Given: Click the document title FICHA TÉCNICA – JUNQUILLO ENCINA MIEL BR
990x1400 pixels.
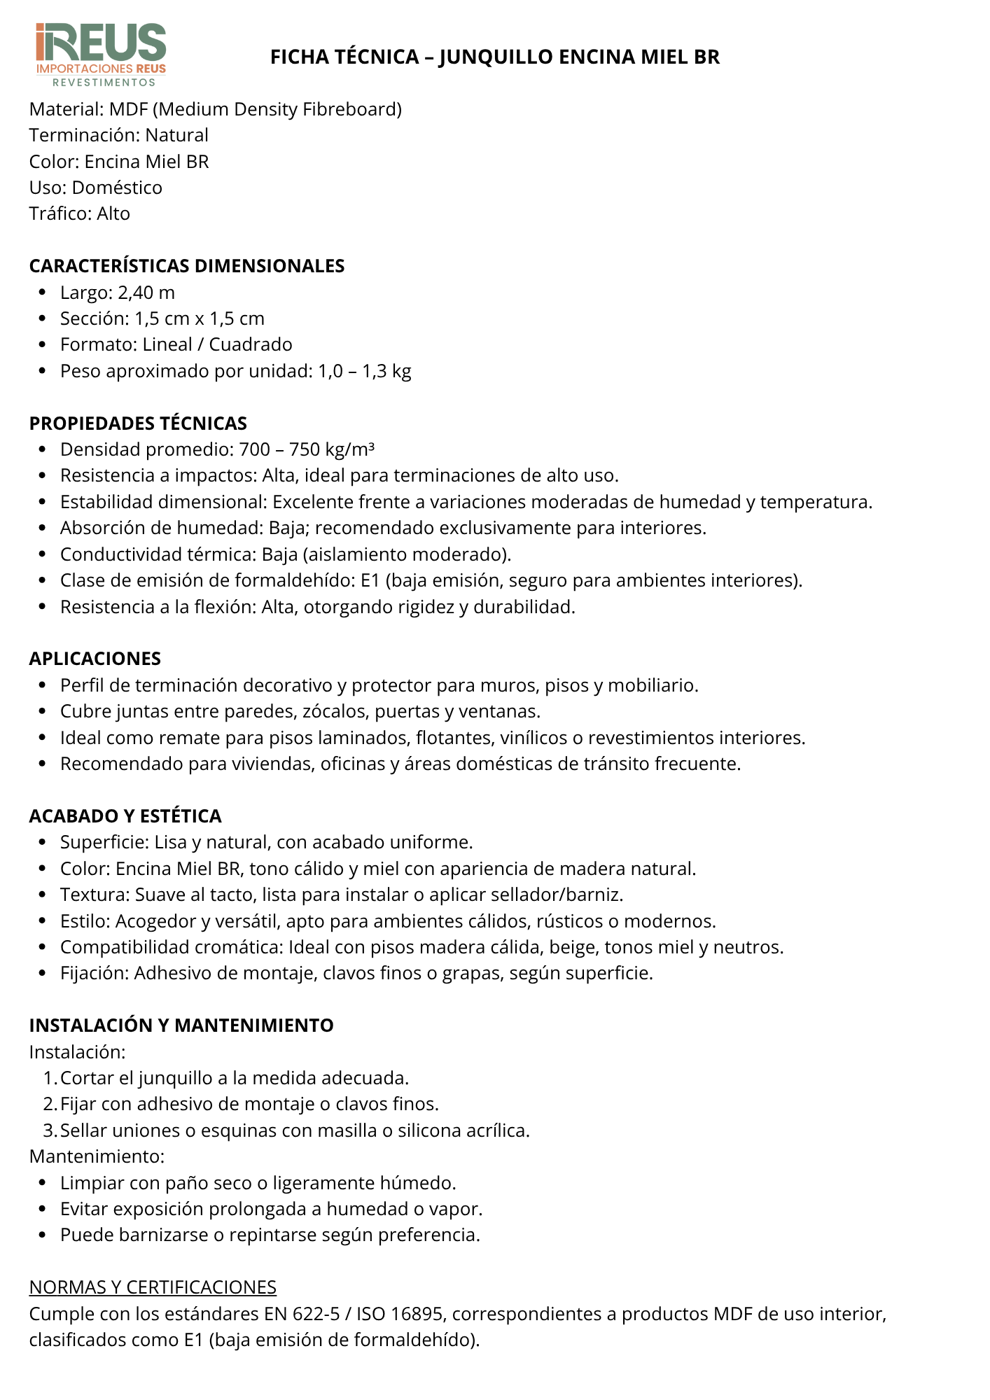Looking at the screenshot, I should (495, 57).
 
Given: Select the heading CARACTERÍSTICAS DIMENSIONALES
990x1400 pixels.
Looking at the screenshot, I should (187, 266).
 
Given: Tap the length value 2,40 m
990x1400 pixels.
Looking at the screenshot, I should (146, 293).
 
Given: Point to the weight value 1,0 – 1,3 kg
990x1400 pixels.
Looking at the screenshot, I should (365, 371).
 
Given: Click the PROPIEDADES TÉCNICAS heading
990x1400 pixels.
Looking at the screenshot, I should (138, 423).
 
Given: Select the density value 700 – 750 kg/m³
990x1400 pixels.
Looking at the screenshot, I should (307, 449).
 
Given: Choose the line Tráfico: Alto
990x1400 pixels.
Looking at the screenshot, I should (80, 213).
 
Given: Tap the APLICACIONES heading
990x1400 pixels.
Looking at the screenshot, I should (95, 659).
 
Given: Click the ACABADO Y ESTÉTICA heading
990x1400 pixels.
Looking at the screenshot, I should (125, 816).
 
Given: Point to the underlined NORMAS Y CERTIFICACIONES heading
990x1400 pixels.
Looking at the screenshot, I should (153, 1287).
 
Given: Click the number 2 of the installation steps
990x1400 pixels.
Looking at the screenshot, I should (49, 1104).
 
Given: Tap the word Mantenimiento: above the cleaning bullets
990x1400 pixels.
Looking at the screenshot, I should (97, 1156).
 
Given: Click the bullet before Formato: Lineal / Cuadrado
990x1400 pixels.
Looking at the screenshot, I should (43, 345).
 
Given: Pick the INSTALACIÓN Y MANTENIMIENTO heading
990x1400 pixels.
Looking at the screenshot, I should (181, 1025).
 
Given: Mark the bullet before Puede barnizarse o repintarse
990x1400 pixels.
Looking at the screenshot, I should (43, 1235).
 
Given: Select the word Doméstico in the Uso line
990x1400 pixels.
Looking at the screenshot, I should (117, 188).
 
